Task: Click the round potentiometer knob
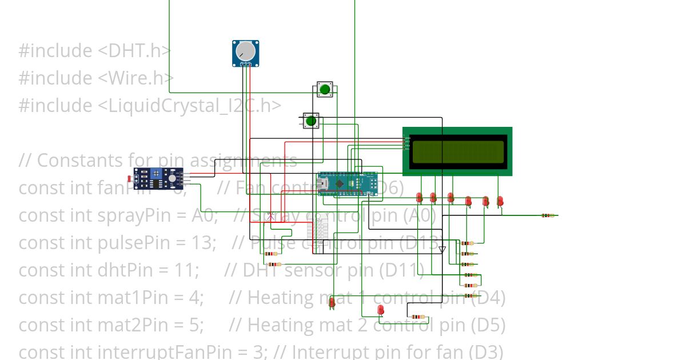click(x=246, y=51)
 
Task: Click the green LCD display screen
click(x=457, y=151)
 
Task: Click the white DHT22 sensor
click(x=318, y=231)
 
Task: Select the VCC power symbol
click(x=271, y=215)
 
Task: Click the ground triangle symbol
click(x=442, y=249)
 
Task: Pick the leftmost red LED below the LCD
click(x=419, y=198)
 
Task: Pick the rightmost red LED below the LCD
click(x=500, y=201)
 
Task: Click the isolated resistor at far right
click(x=548, y=215)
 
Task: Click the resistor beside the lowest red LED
click(x=418, y=317)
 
